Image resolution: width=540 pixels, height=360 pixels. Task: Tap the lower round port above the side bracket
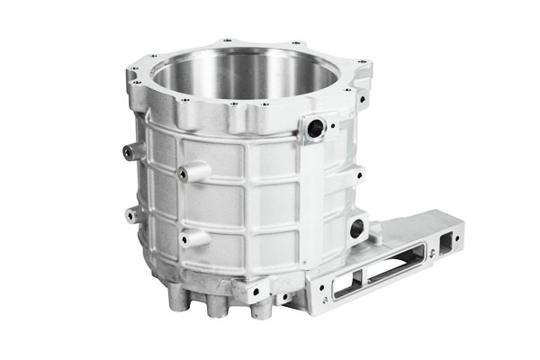point(357,225)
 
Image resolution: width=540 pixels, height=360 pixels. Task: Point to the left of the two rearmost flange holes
point(225,39)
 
